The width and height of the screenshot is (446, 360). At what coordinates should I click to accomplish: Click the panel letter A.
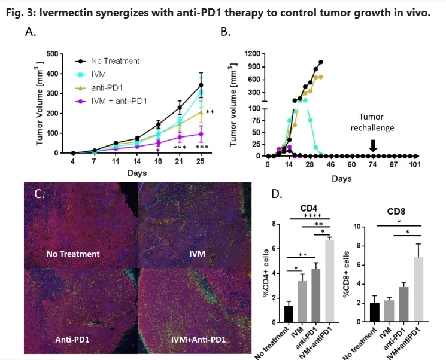[29, 33]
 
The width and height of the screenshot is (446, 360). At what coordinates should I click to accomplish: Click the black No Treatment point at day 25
[201, 85]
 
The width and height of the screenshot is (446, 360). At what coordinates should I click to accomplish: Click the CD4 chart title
[310, 208]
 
